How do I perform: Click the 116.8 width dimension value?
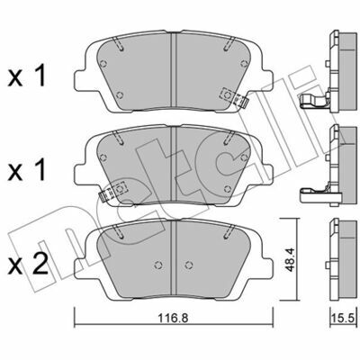click(173, 318)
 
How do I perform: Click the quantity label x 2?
click(28, 265)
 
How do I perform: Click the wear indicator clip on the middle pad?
click(113, 192)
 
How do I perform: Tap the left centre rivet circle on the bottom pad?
click(157, 265)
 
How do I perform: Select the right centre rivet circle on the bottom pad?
click(188, 265)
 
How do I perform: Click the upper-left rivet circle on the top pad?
click(103, 64)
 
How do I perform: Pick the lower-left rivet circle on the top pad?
click(120, 95)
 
